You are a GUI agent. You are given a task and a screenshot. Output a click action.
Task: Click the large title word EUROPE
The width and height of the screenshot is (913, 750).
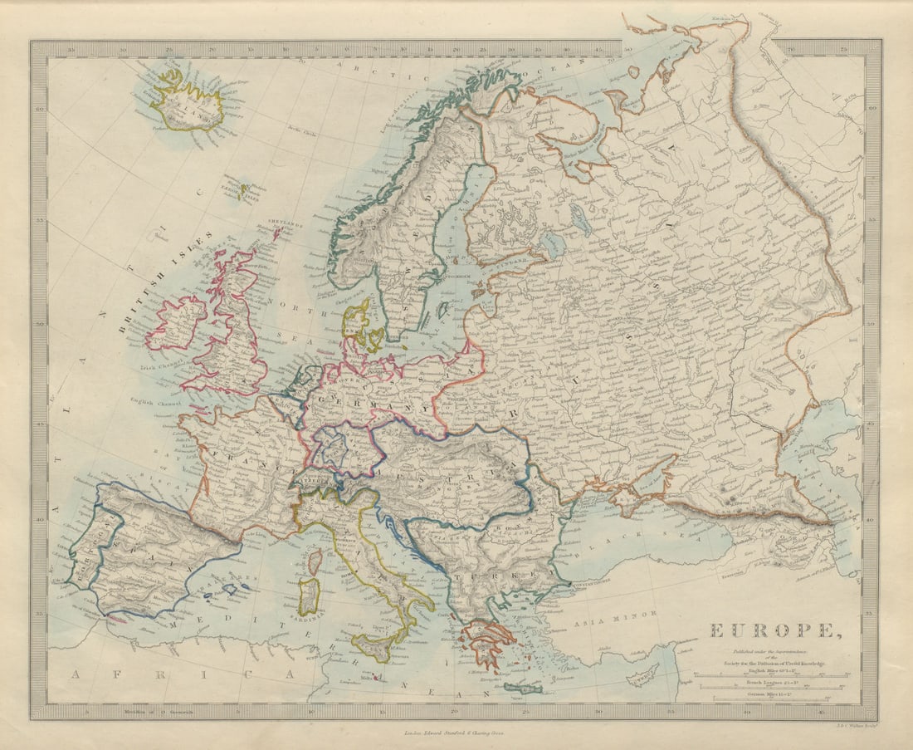coord(771,630)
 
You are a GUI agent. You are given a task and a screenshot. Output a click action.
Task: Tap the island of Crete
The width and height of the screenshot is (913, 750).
coord(522,687)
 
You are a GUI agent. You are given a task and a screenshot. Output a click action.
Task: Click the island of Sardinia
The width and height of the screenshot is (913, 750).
coord(310,596)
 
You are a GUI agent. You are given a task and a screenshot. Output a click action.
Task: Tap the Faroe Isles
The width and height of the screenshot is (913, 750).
coord(242,190)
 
